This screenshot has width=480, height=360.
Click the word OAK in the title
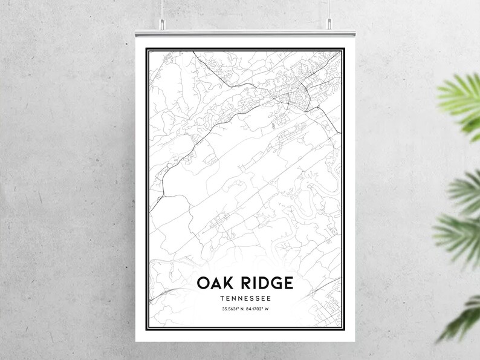coord(215,283)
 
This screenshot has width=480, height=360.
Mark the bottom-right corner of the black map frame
coord(342,338)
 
